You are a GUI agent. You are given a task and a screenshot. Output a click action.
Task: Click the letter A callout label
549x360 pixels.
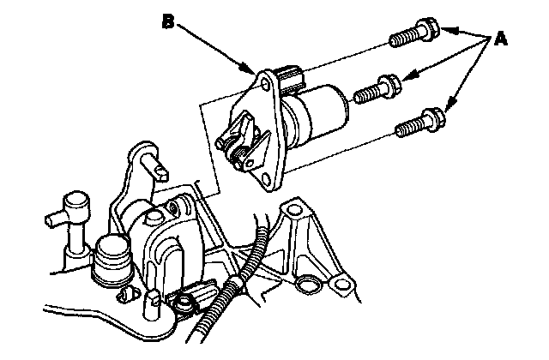497,39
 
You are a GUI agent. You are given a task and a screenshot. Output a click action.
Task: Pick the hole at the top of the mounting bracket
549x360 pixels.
298,207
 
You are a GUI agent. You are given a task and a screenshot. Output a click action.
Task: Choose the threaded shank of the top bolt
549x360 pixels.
406,37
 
